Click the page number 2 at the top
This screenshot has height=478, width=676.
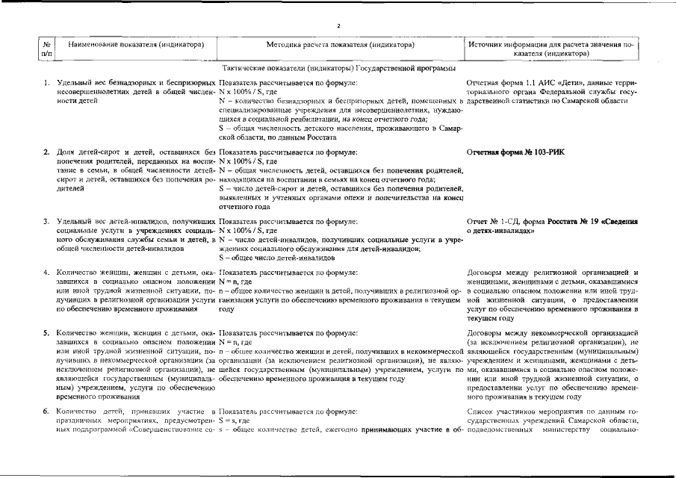(x=338, y=26)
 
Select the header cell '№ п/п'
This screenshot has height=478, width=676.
(x=46, y=49)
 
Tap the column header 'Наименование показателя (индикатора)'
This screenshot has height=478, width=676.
(x=136, y=45)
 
